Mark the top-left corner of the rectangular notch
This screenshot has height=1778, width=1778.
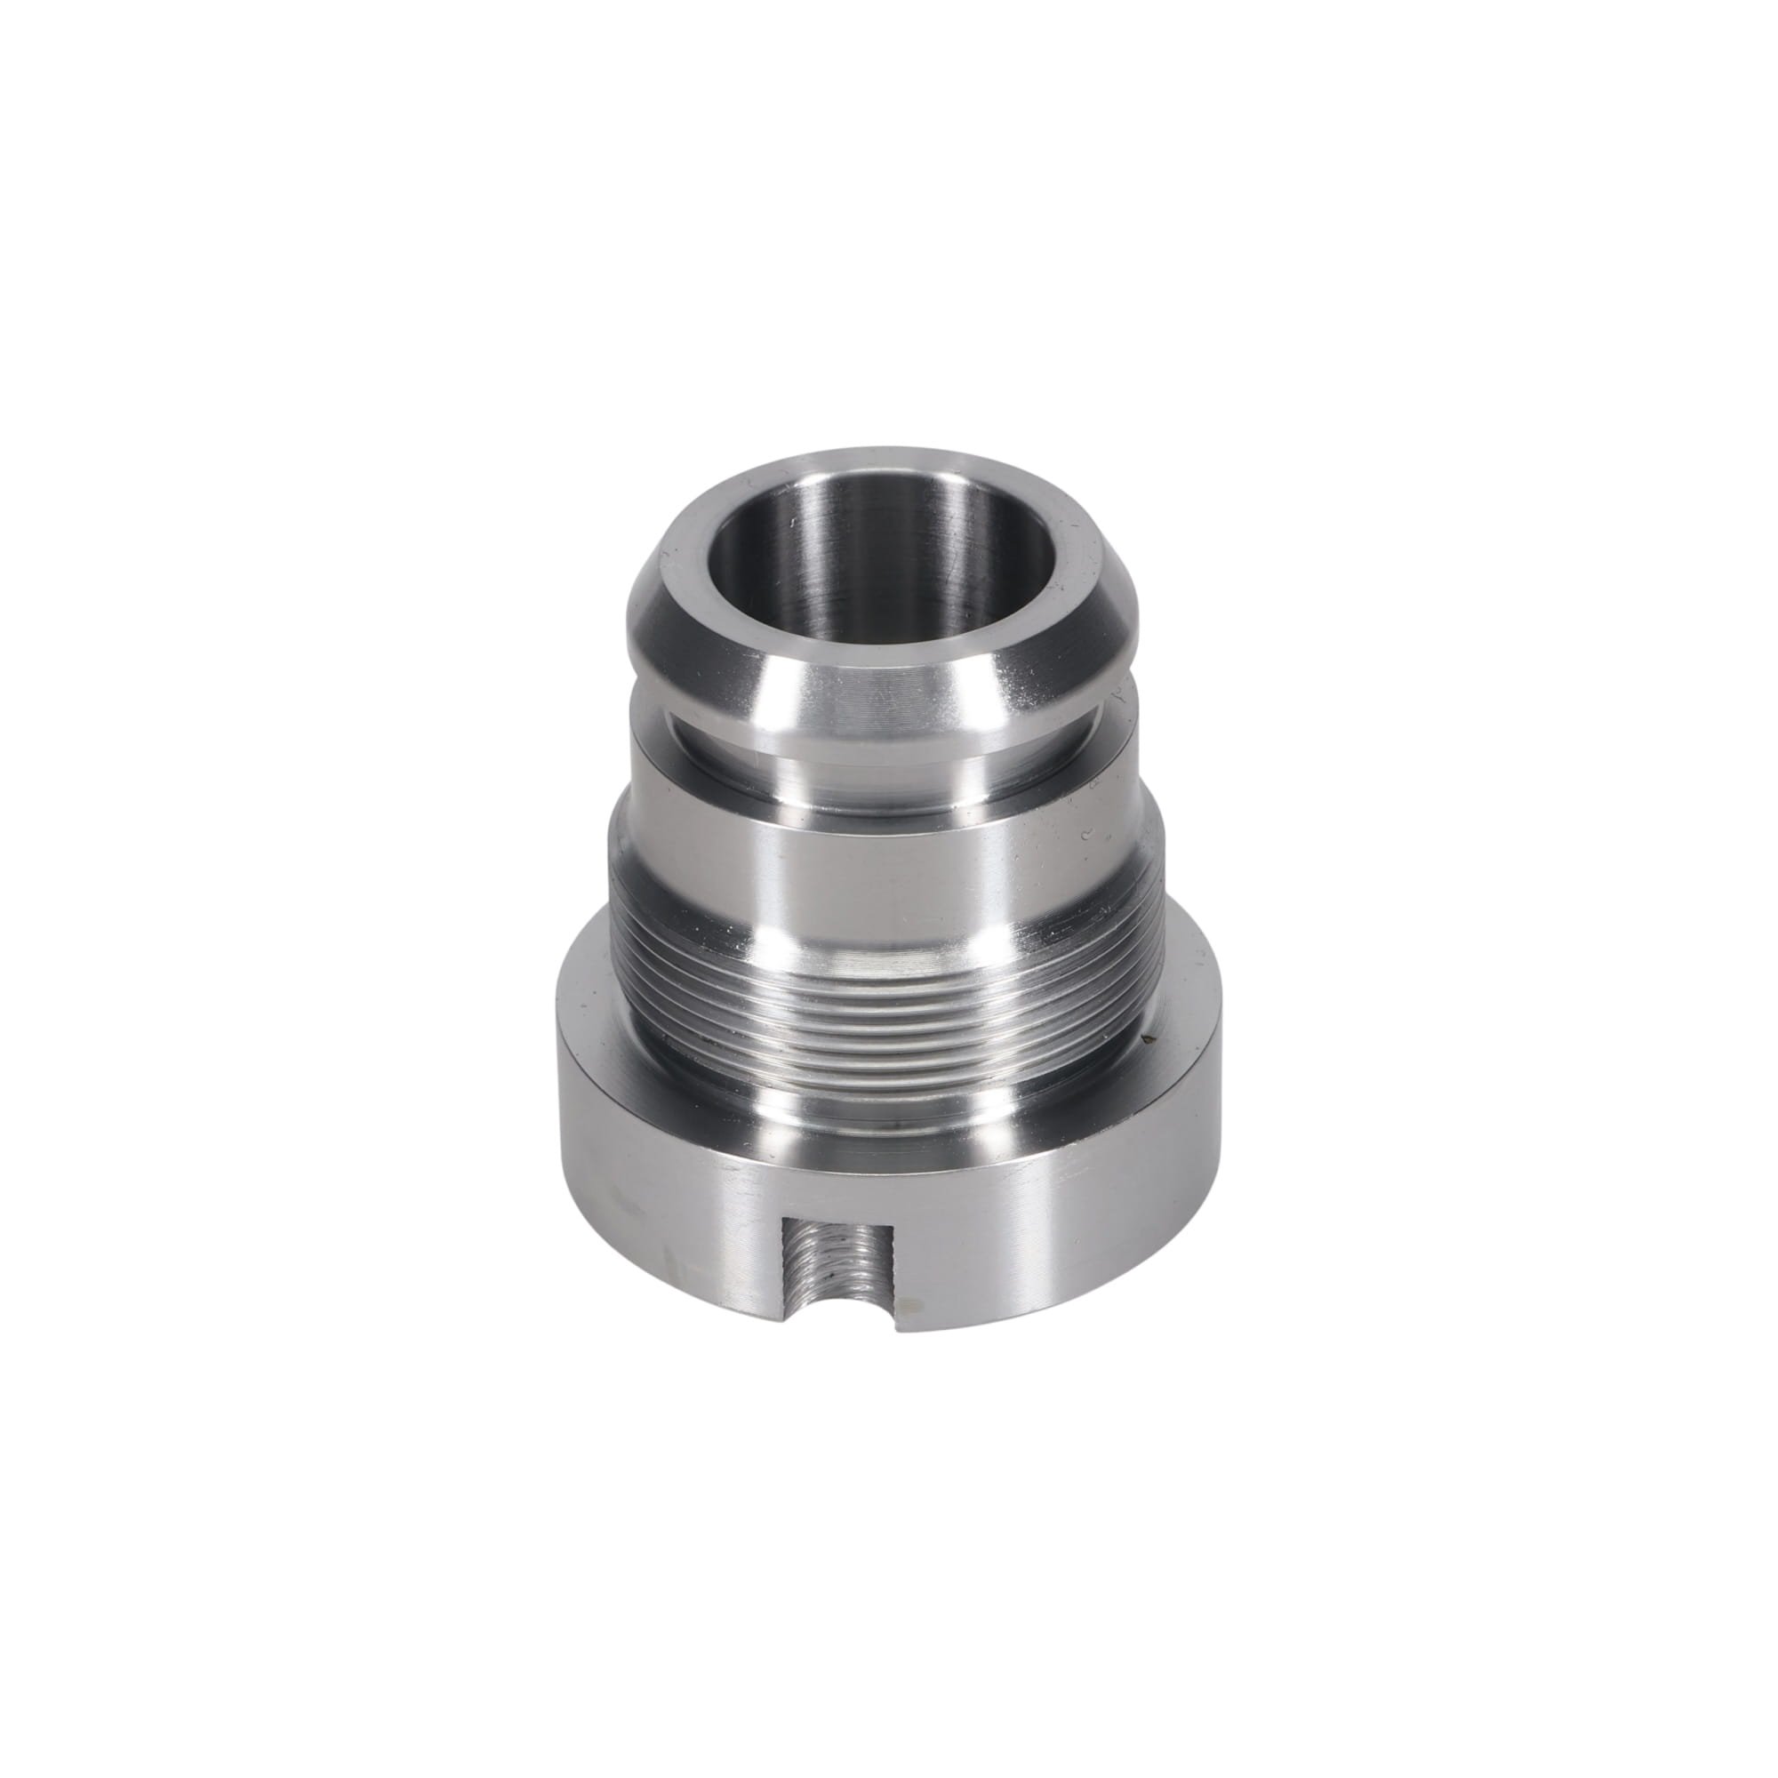[781, 1217]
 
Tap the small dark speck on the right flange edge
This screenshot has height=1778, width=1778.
[1147, 1041]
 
